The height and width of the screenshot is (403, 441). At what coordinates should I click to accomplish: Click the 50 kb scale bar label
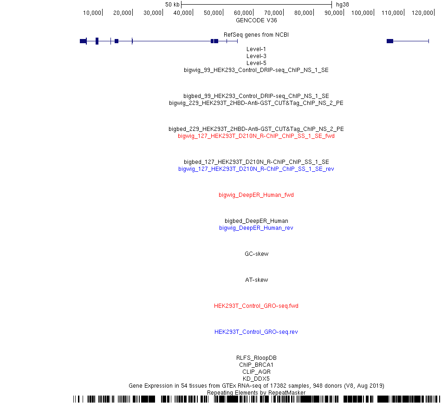click(x=172, y=5)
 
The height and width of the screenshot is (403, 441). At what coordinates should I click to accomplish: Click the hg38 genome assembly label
click(x=342, y=5)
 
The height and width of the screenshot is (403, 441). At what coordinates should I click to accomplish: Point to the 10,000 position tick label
click(x=92, y=13)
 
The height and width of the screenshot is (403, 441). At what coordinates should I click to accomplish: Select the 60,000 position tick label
click(x=243, y=13)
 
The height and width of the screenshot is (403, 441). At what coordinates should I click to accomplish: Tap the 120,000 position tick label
click(x=422, y=13)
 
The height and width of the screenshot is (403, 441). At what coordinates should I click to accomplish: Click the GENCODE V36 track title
click(x=256, y=20)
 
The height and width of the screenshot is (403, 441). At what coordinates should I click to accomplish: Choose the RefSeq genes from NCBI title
click(x=256, y=35)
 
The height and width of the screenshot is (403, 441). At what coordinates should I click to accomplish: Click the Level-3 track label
click(x=256, y=56)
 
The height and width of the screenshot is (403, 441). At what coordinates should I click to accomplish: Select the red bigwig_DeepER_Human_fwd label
click(x=256, y=195)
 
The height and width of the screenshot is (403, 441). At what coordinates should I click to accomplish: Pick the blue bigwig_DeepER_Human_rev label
click(x=256, y=228)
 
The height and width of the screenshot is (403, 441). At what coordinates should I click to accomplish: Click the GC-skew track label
click(x=257, y=253)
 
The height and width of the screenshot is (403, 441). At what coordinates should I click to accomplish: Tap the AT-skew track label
click(x=257, y=280)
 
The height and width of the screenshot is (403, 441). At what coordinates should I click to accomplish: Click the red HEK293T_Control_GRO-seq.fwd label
click(x=256, y=305)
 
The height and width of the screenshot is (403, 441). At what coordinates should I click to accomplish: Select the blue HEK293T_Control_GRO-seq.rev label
click(x=256, y=332)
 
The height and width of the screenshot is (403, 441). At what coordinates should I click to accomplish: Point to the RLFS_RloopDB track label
click(x=256, y=357)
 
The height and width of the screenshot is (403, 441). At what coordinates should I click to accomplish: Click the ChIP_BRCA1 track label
click(x=256, y=365)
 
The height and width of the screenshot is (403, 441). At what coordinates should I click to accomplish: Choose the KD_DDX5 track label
click(x=256, y=378)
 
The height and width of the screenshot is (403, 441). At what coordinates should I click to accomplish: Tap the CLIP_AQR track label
click(x=256, y=372)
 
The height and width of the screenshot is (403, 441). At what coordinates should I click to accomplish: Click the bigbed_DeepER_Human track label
click(x=256, y=221)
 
